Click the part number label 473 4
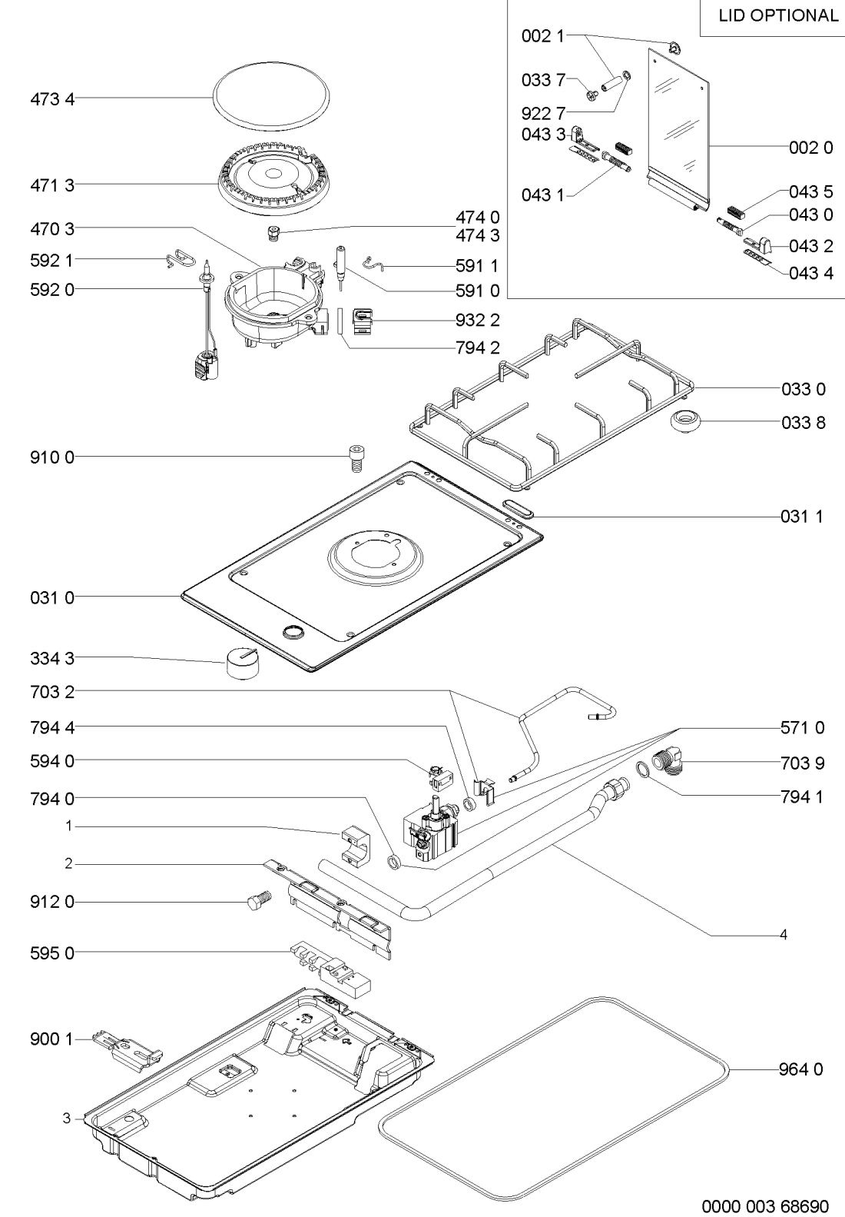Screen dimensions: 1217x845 point(53,99)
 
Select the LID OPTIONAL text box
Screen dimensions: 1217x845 point(774,16)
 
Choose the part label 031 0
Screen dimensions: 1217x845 point(53,597)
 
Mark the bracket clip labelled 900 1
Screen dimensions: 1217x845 point(128,1046)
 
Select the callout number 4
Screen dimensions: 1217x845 point(784,935)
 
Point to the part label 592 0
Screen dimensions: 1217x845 point(53,289)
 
